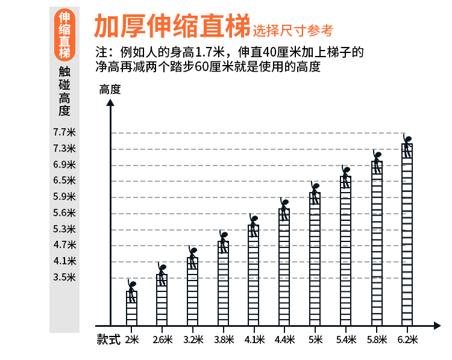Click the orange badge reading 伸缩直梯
pyautogui.click(x=64, y=35)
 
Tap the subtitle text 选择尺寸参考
pyautogui.click(x=293, y=29)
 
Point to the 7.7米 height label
pyautogui.click(x=64, y=132)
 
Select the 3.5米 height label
pyautogui.click(x=64, y=277)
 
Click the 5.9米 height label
pyautogui.click(x=64, y=196)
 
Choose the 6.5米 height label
pyautogui.click(x=64, y=180)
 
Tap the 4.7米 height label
pyautogui.click(x=64, y=244)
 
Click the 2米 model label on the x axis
pyautogui.click(x=132, y=340)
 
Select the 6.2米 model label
pyautogui.click(x=407, y=340)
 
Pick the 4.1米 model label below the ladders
pyautogui.click(x=254, y=340)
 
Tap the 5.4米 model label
pyautogui.click(x=346, y=340)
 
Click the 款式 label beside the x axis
pyautogui.click(x=108, y=340)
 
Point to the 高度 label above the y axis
pyautogui.click(x=110, y=90)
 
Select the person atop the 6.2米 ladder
pyautogui.click(x=407, y=145)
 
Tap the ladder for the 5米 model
pyautogui.click(x=315, y=258)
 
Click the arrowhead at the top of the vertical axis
pyautogui.click(x=110, y=102)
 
